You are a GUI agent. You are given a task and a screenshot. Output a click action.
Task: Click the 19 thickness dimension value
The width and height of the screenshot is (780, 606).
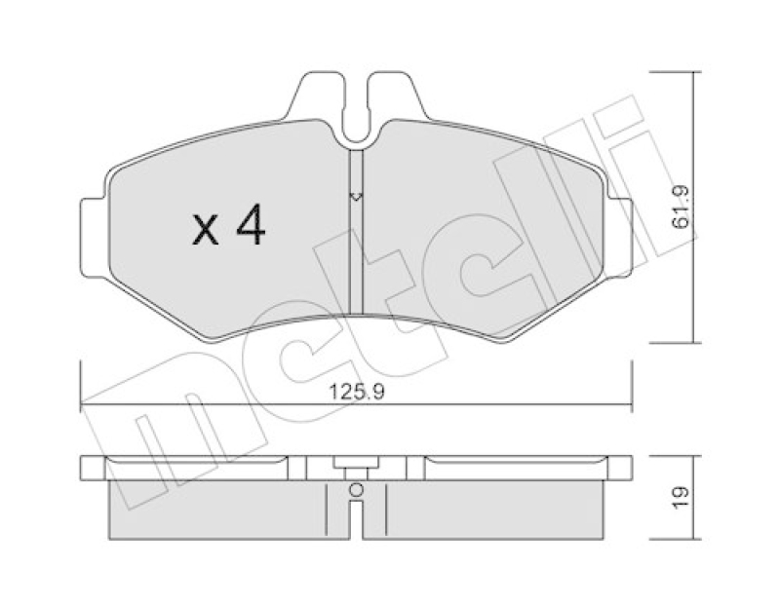[x=682, y=494]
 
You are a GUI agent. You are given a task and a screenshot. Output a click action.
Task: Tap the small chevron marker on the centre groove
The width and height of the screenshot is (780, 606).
[x=356, y=197]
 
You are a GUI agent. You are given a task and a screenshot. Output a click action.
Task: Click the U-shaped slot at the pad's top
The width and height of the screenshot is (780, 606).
[x=356, y=107]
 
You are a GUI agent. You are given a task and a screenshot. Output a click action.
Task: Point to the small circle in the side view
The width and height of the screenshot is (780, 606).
[x=356, y=490]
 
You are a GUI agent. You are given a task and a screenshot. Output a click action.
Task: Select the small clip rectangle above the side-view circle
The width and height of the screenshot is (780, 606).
[x=356, y=466]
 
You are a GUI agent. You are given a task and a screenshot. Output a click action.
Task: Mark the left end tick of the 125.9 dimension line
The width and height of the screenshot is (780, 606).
[x=81, y=385]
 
